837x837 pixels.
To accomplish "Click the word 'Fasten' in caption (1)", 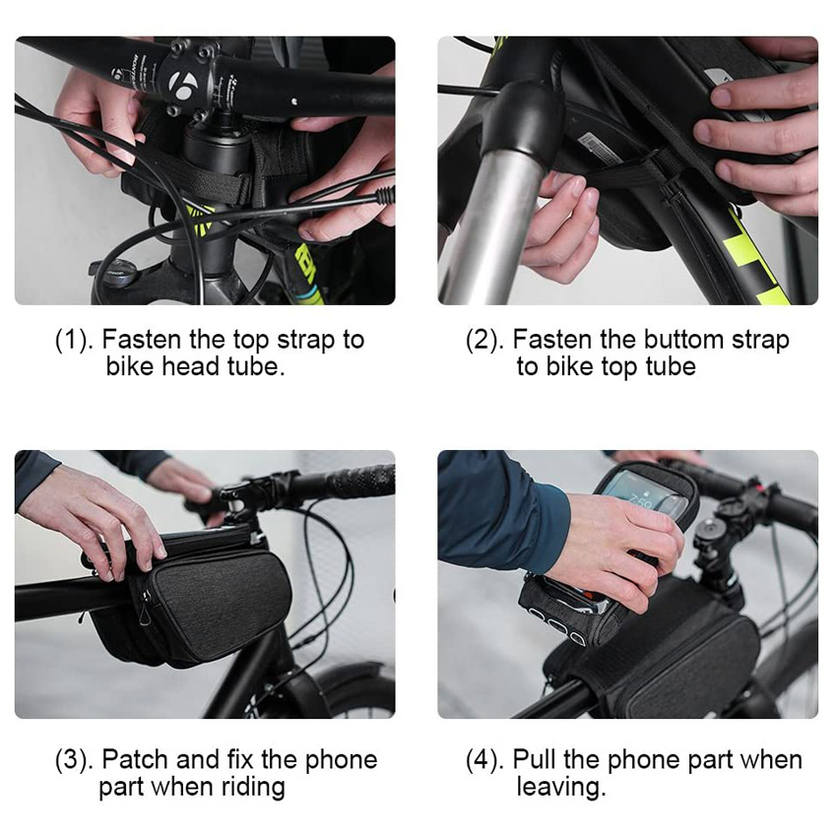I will click(x=141, y=341).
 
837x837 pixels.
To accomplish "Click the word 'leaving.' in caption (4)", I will click(x=560, y=787).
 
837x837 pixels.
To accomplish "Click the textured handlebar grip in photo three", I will click(x=358, y=483).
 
